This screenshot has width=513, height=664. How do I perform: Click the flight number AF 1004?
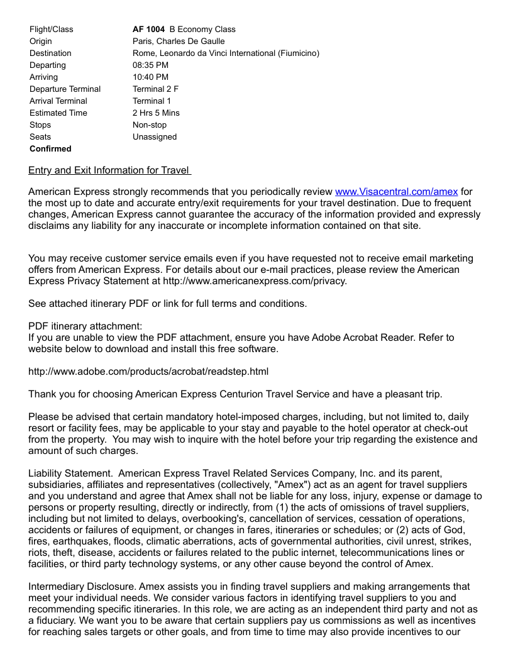[148, 29]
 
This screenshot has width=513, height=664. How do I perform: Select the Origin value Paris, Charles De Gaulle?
[179, 41]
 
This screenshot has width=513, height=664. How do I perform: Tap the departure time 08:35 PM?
[150, 65]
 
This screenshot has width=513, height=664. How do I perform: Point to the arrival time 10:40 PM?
[150, 77]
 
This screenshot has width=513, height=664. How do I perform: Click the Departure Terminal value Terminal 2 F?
[155, 89]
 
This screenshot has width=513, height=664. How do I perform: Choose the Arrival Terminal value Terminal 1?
[152, 101]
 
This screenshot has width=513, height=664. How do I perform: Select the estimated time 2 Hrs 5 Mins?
[156, 113]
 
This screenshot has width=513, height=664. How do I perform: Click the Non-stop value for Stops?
[150, 124]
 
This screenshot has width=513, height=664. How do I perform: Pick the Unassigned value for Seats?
[155, 136]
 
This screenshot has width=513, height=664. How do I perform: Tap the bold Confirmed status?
[50, 148]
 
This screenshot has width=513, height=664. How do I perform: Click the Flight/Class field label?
[51, 29]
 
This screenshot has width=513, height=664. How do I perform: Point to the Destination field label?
[50, 53]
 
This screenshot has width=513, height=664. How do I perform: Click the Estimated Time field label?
[58, 113]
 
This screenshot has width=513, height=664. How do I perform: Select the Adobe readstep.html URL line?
[148, 372]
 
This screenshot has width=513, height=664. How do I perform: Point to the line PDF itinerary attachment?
[85, 326]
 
